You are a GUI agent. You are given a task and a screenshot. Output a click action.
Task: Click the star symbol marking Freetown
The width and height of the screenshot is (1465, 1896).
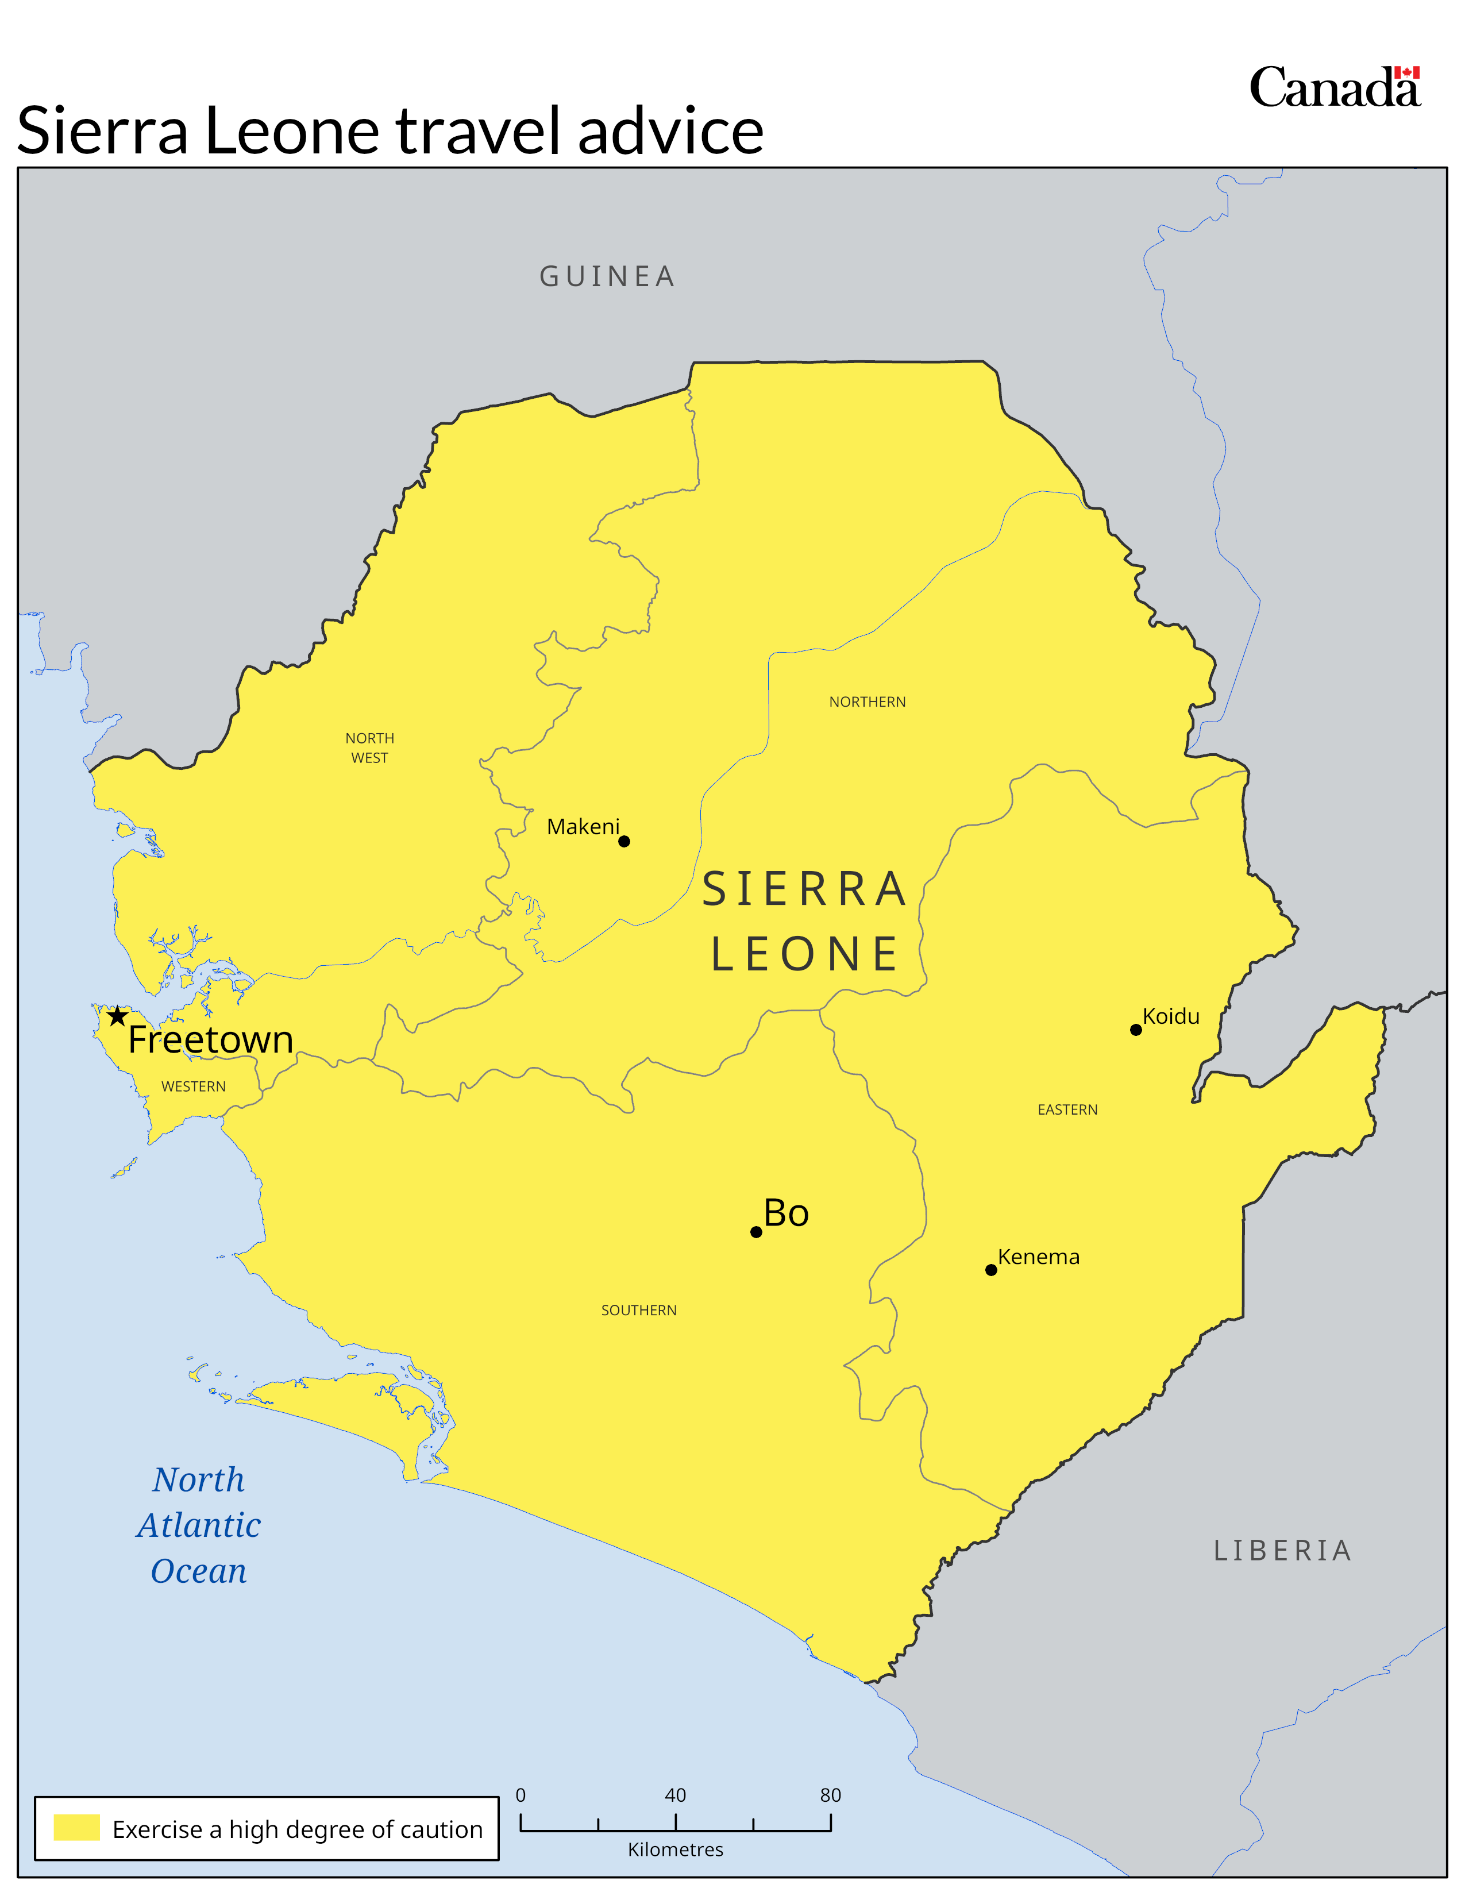tap(117, 1016)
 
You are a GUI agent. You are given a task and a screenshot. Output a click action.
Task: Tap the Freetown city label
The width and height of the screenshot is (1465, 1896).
tap(210, 1040)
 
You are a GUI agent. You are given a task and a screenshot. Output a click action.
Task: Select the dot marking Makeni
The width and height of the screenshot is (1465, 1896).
tap(624, 841)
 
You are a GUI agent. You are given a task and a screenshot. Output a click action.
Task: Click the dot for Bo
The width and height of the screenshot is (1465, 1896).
tap(756, 1232)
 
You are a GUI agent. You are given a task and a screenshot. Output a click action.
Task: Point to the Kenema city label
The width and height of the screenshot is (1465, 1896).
tap(1038, 1257)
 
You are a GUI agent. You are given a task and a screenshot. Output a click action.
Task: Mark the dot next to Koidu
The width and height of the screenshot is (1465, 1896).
tap(1135, 1030)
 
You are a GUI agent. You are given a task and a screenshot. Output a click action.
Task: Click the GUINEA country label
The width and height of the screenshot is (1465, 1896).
tap(607, 276)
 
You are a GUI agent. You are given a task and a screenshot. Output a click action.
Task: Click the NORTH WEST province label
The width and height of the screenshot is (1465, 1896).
tap(370, 747)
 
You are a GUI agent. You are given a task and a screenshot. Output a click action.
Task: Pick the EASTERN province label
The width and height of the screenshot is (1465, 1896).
tap(1067, 1109)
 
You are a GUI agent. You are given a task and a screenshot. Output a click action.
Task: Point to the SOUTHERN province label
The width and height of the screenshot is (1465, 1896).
tap(639, 1310)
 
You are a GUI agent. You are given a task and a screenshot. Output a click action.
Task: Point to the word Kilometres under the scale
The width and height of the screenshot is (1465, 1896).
tap(675, 1849)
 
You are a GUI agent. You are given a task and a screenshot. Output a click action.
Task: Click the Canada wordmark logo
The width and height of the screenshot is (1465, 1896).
tap(1334, 88)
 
